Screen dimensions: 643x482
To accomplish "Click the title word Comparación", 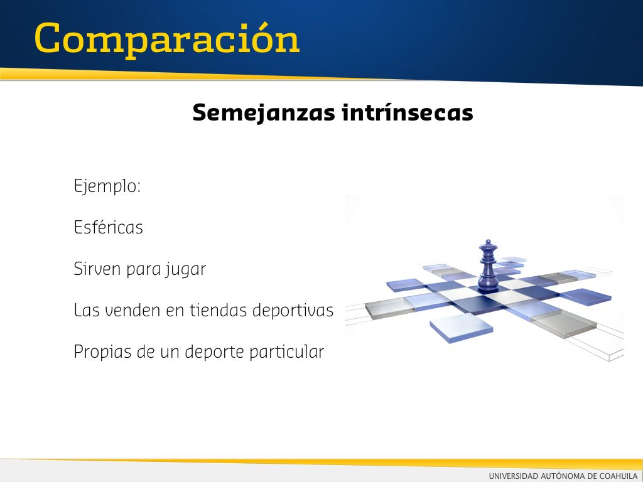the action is click(167, 40).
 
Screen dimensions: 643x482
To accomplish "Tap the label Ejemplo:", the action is click(107, 186).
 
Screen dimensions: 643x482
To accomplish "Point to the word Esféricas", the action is click(108, 227).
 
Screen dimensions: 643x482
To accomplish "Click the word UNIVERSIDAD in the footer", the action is click(514, 476).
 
